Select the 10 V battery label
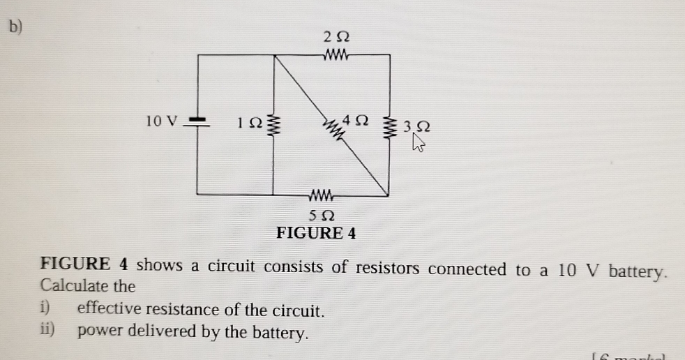click(x=162, y=121)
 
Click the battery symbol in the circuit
click(x=197, y=123)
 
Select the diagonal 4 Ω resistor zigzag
click(x=333, y=127)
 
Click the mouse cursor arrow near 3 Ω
click(x=419, y=143)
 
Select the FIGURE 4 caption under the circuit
click(x=316, y=233)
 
